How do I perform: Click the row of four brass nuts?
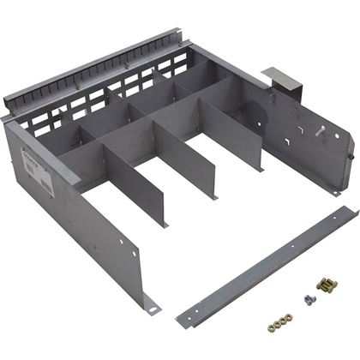pos(279,324)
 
